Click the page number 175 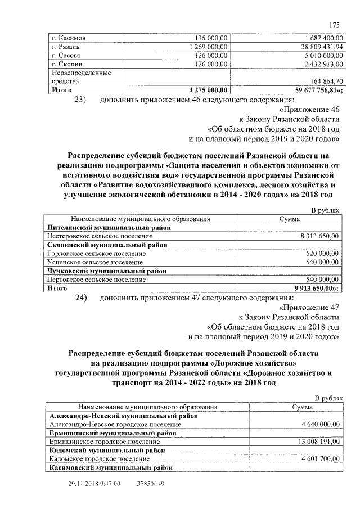tap(335, 25)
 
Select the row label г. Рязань tap(65, 47)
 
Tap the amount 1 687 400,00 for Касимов tap(318, 38)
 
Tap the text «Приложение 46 tap(309, 109)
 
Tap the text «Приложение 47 tap(309, 308)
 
